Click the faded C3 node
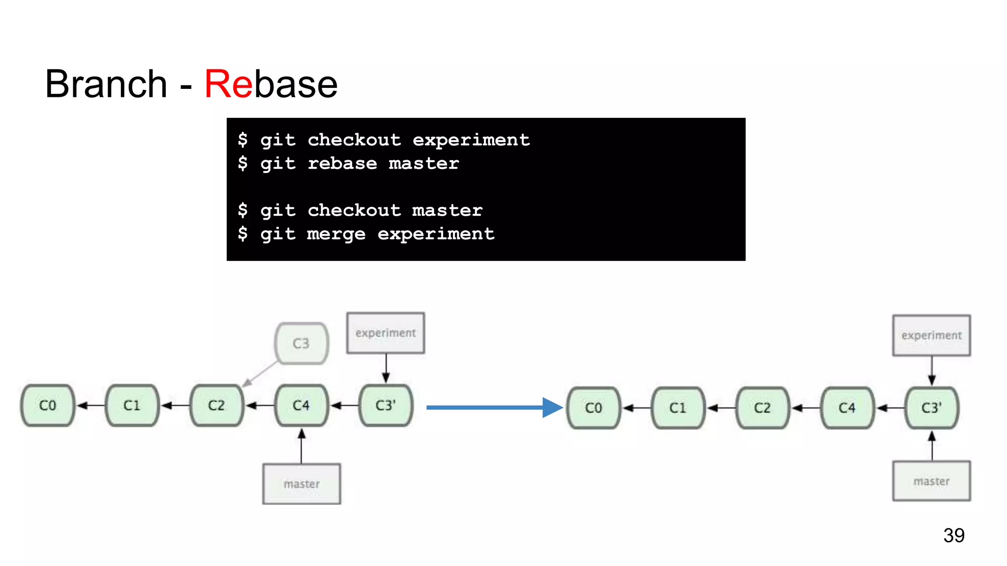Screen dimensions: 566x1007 pyautogui.click(x=301, y=343)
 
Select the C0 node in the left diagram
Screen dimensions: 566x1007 pyautogui.click(x=48, y=405)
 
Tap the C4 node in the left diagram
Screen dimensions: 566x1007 pyautogui.click(x=301, y=405)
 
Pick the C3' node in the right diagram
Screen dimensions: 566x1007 pyautogui.click(x=931, y=408)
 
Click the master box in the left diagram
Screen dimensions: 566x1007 pyautogui.click(x=301, y=484)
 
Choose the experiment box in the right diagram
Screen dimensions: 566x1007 pyautogui.click(x=931, y=336)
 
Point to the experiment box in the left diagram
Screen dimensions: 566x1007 pyautogui.click(x=385, y=333)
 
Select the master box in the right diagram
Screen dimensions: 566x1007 pyautogui.click(x=931, y=481)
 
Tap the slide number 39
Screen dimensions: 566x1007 pyautogui.click(x=953, y=535)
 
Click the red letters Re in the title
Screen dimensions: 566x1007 pyautogui.click(x=228, y=84)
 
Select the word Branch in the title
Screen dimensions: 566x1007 pyautogui.click(x=106, y=84)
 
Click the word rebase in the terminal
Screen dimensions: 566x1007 pyautogui.click(x=342, y=164)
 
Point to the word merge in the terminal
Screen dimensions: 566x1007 pyautogui.click(x=336, y=234)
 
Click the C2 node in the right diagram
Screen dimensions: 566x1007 pyautogui.click(x=762, y=408)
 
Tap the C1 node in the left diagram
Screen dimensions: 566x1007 pyautogui.click(x=132, y=405)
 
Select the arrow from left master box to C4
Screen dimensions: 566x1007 pyautogui.click(x=301, y=446)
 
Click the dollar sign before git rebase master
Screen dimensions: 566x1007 pyautogui.click(x=243, y=163)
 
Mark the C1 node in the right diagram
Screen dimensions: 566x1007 pyautogui.click(x=678, y=408)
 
